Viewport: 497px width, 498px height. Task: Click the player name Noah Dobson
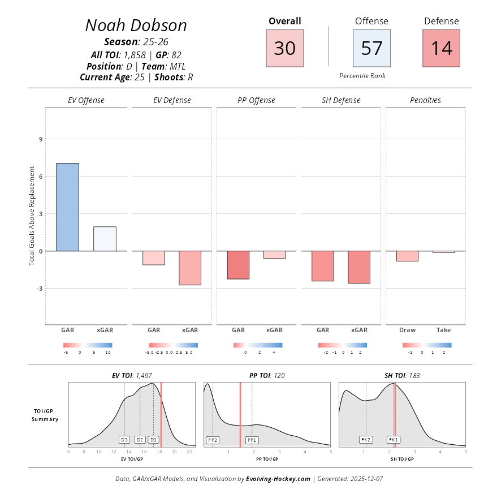coord(136,25)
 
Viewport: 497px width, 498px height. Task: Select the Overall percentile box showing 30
coord(284,48)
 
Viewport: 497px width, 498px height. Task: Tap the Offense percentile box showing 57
coord(371,48)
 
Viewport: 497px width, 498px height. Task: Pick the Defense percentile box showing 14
coord(441,48)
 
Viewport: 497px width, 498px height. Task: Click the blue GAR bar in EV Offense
coord(67,207)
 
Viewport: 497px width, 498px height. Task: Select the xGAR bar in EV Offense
coord(105,239)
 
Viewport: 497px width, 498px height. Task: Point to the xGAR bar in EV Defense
coord(189,268)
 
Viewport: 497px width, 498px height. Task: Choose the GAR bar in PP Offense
coord(238,265)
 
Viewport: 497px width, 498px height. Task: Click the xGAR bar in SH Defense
coord(359,267)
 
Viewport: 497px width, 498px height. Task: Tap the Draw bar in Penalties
coord(407,256)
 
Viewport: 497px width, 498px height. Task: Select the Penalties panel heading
coord(425,100)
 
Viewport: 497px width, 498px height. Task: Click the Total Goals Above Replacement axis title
coord(32,216)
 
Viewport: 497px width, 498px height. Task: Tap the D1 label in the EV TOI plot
coord(153,439)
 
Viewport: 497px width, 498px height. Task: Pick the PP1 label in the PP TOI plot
coord(252,440)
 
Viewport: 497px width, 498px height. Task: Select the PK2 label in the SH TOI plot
coord(366,439)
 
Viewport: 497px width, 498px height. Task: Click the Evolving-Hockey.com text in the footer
coord(278,479)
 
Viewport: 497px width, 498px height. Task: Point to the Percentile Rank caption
coord(362,75)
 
